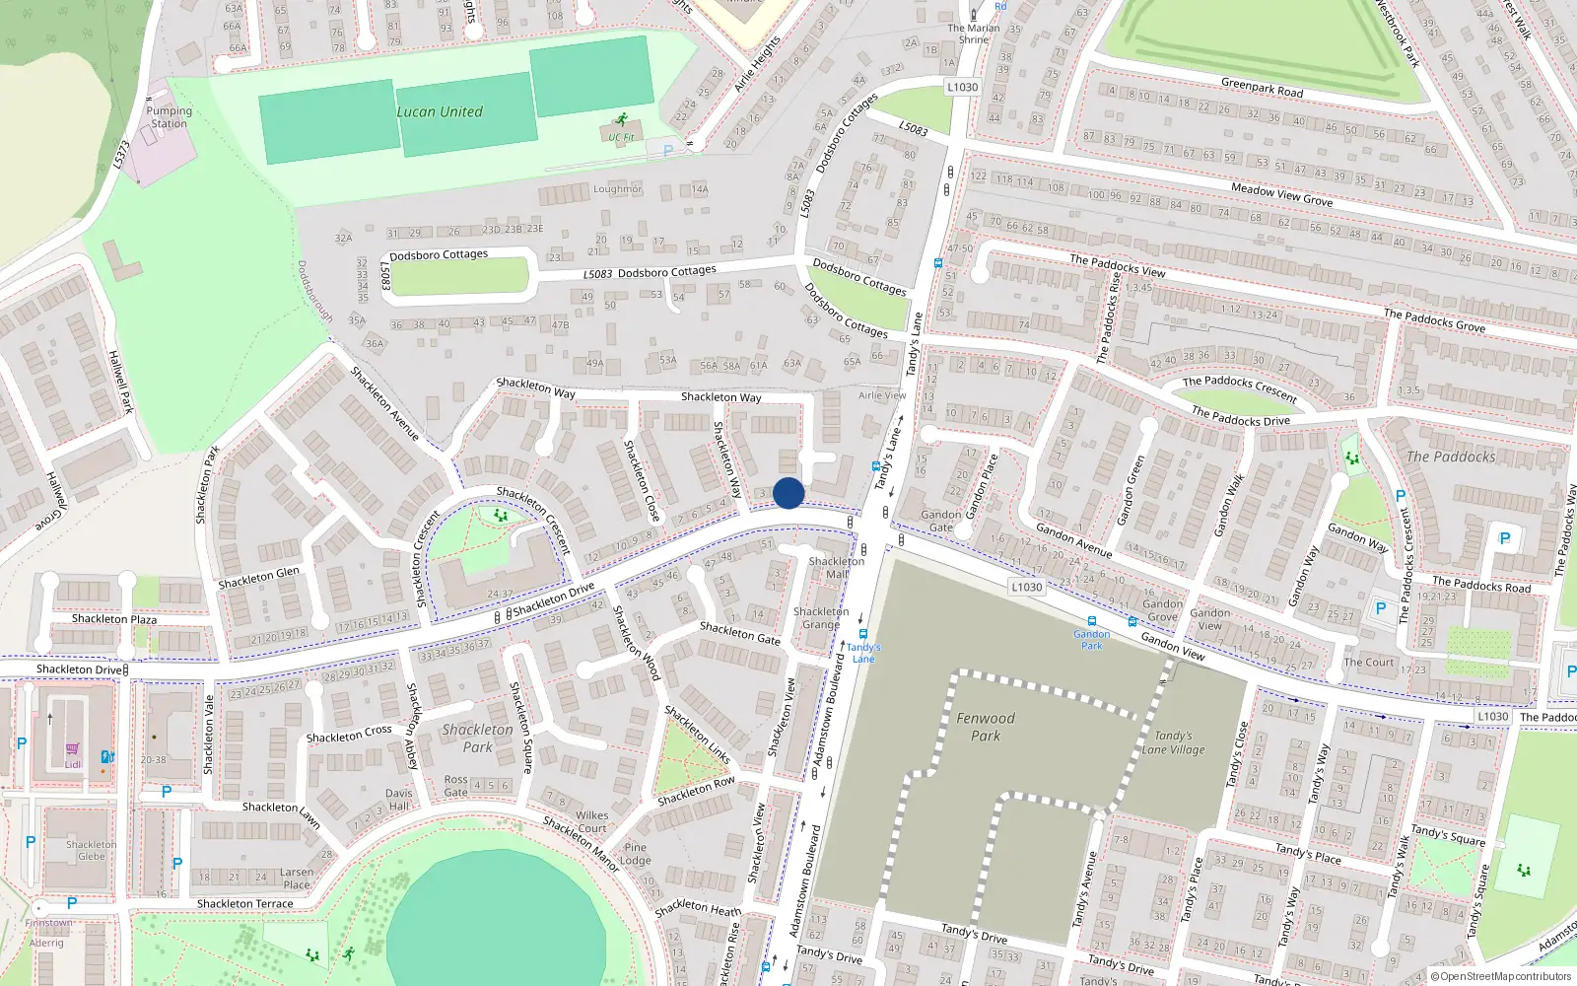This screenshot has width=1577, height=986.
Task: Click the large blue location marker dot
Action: click(788, 493)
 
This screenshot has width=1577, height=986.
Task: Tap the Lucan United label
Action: click(440, 112)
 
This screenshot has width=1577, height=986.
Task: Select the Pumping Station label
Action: click(169, 117)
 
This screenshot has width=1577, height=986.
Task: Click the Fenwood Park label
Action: click(985, 727)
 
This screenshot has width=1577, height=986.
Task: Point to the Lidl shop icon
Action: click(73, 749)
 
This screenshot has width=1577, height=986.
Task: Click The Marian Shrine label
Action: click(973, 34)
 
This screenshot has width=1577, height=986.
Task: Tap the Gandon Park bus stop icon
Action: click(1091, 622)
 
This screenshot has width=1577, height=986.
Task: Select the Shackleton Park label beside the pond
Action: click(477, 738)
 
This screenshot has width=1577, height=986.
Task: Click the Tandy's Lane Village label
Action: click(1173, 742)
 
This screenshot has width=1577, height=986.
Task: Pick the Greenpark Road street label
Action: click(1262, 88)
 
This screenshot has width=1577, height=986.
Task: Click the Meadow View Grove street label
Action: click(1281, 194)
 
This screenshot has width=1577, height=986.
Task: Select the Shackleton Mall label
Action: click(836, 567)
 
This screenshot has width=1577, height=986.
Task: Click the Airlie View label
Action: click(882, 395)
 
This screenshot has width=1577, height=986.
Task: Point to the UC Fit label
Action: click(621, 138)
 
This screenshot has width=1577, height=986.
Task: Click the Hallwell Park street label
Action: click(120, 382)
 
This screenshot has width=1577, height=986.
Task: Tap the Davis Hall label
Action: click(399, 799)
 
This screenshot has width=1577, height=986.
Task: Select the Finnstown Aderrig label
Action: click(47, 933)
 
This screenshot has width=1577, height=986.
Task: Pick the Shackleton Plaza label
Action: click(114, 619)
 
